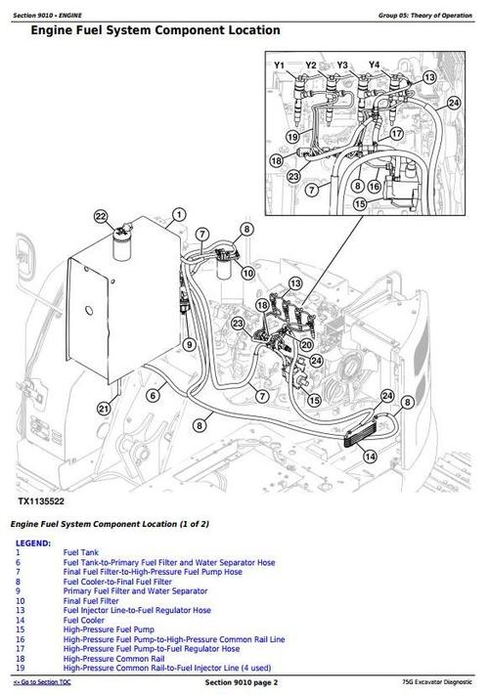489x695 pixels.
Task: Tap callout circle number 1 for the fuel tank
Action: (178, 214)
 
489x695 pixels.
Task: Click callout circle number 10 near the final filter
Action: (247, 273)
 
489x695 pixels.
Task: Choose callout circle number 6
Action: (152, 395)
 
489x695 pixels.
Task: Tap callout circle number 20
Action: (305, 343)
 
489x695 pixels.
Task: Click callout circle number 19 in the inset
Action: (292, 137)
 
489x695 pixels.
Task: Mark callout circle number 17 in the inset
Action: (396, 131)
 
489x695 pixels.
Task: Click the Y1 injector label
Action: (279, 65)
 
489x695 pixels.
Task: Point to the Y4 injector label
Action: (374, 65)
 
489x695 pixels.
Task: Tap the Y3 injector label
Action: (342, 65)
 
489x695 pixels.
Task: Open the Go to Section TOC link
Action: (44, 681)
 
